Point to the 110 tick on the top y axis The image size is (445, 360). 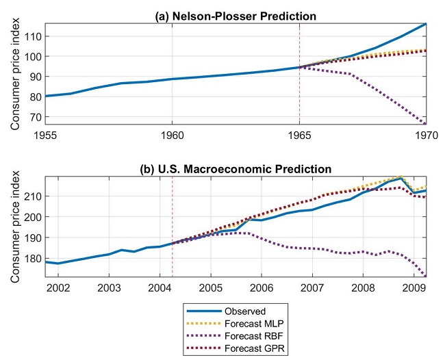point(31,36)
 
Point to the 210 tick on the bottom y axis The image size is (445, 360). point(31,196)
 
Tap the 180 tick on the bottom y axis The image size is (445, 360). point(31,259)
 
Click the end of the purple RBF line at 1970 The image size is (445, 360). point(426,124)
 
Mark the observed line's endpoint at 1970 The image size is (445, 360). point(426,24)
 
